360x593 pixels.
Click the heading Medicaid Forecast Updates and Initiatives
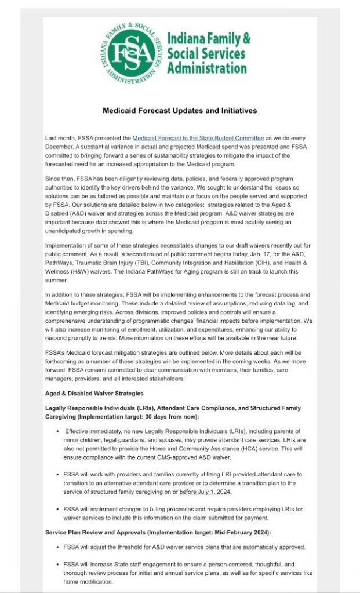(x=180, y=110)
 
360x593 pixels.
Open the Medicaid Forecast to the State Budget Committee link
(x=198, y=138)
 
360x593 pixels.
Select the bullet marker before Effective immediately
(x=59, y=431)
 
